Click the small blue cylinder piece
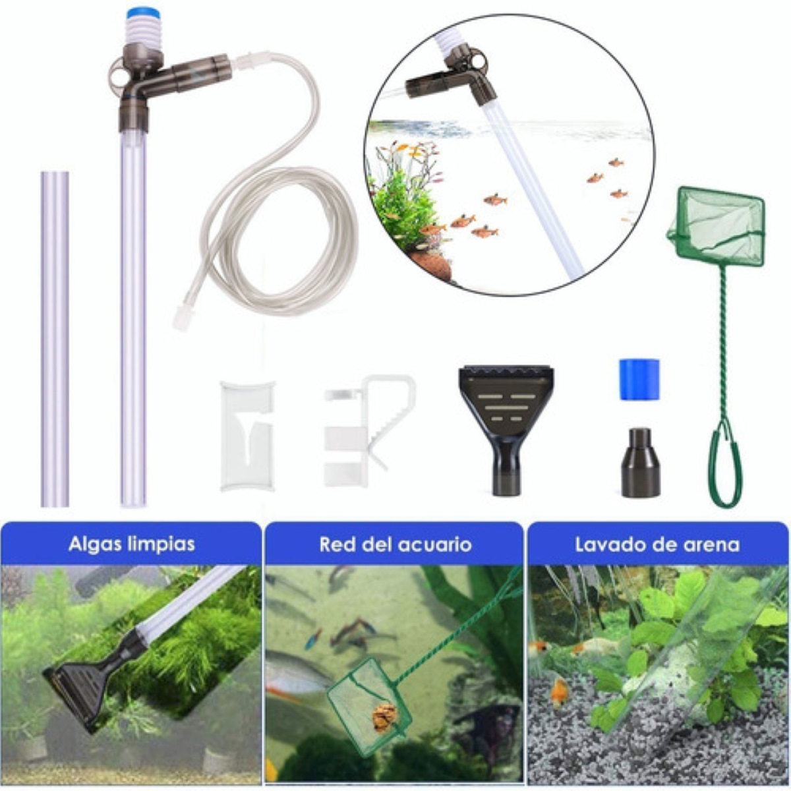click(x=639, y=379)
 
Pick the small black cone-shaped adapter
click(x=640, y=463)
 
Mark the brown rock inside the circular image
click(x=432, y=264)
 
